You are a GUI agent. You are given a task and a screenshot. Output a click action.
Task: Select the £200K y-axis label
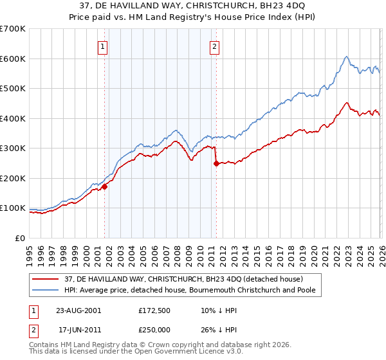coord(13,178)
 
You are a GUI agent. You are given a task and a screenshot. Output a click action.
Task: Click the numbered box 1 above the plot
coord(103,46)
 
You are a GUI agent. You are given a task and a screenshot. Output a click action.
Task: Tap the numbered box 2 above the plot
coord(214,46)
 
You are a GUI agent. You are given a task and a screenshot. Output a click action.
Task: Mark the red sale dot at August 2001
coord(104,186)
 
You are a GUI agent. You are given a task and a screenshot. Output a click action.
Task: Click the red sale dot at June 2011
coord(216,163)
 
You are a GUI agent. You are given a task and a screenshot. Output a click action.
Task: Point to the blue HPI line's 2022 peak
coord(346,57)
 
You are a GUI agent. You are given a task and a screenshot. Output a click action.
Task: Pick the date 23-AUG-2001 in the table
coord(78,310)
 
